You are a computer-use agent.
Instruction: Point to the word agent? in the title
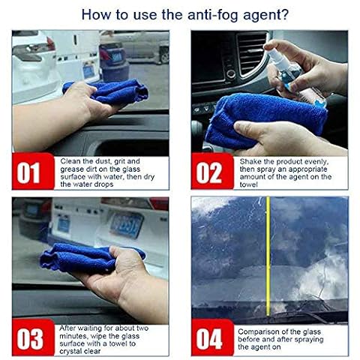265,16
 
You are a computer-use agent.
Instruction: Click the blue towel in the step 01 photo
106,91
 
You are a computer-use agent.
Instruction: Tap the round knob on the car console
231,73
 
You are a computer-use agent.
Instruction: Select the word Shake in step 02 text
250,161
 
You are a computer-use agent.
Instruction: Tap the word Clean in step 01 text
70,161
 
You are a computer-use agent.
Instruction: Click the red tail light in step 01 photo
51,43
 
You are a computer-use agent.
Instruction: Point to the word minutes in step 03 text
73,336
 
